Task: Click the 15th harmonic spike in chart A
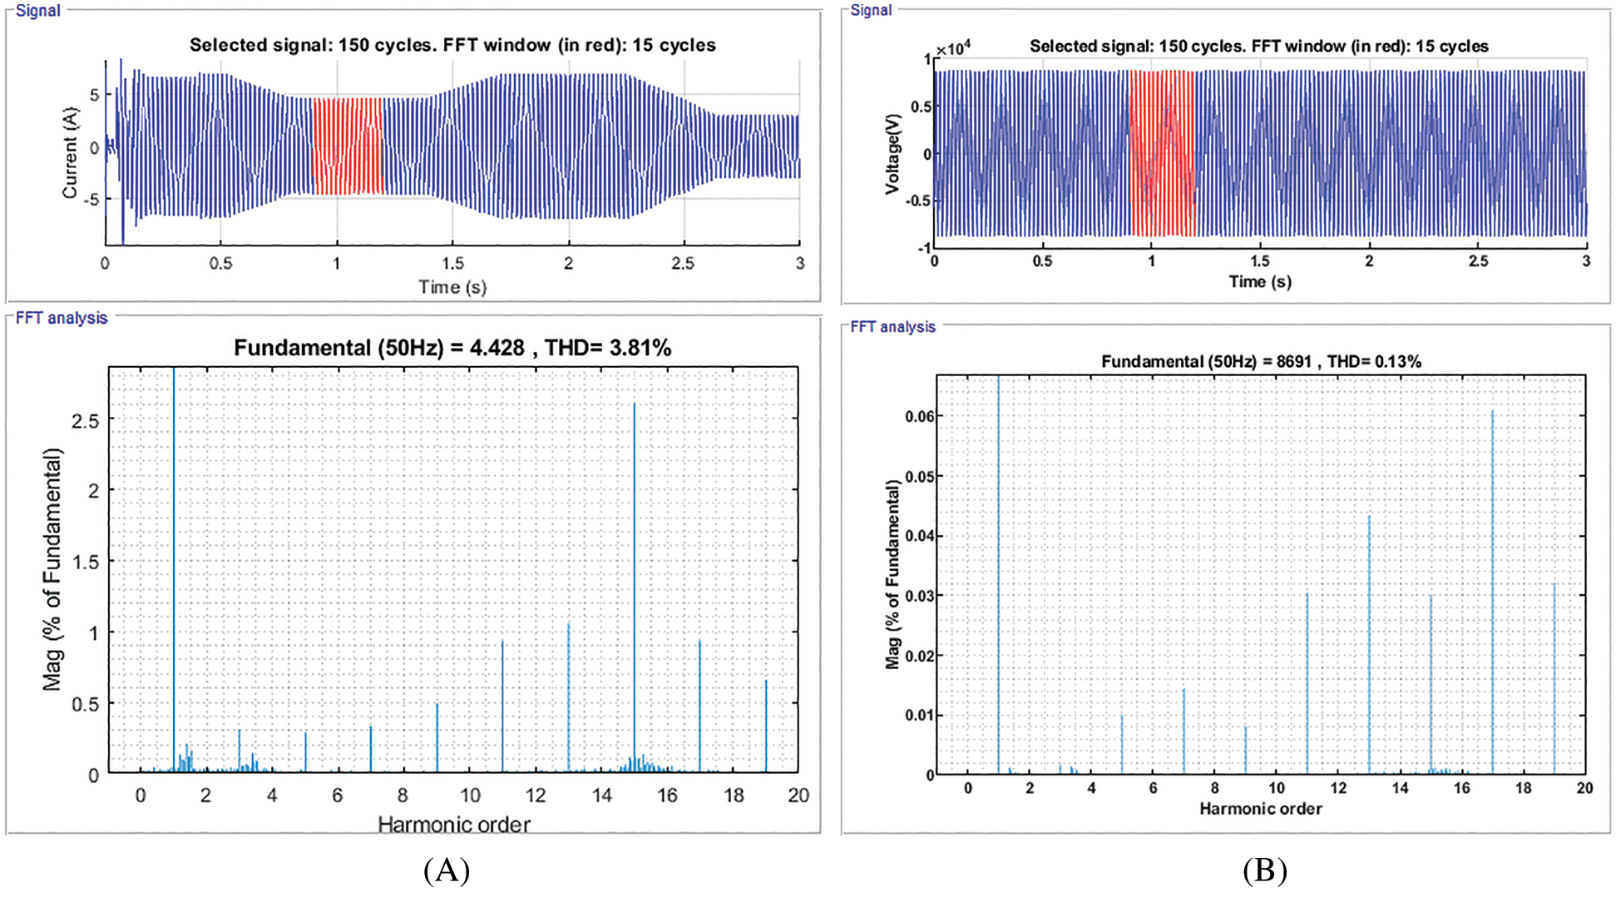(x=635, y=582)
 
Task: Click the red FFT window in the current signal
(x=348, y=146)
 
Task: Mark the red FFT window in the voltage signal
(x=1162, y=153)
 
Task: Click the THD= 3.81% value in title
(x=608, y=348)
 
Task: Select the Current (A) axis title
(x=70, y=153)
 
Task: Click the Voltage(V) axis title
(x=893, y=154)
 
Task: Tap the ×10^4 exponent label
(x=953, y=49)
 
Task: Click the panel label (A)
(x=447, y=871)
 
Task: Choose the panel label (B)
(x=1264, y=871)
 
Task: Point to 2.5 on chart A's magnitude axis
(x=85, y=421)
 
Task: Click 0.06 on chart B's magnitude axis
(x=920, y=417)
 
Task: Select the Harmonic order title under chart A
(x=454, y=825)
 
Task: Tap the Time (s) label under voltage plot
(x=1260, y=282)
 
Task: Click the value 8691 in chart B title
(x=1293, y=362)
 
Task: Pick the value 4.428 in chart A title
(x=497, y=348)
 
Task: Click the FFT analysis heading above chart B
(x=892, y=327)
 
